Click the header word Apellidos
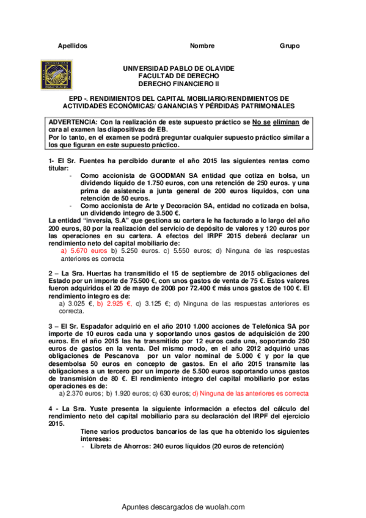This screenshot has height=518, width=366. point(72,46)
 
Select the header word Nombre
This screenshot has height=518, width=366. point(202,46)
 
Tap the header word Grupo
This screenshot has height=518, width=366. point(290,46)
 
